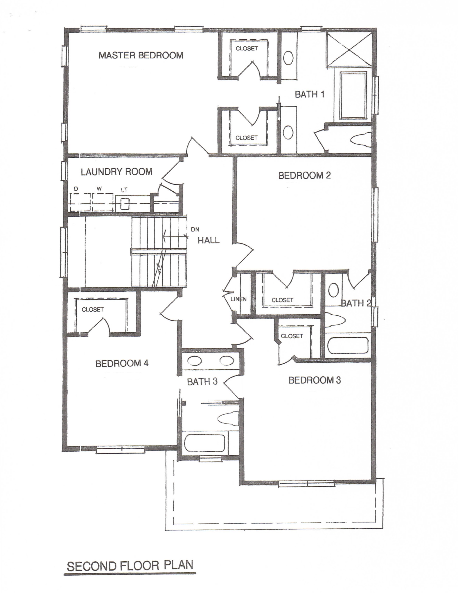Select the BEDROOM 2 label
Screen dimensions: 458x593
click(304, 175)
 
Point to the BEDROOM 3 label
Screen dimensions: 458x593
click(315, 380)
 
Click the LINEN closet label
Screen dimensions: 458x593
click(238, 299)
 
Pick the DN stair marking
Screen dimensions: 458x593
click(195, 229)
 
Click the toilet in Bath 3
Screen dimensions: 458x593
click(228, 418)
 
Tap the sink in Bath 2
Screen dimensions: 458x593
click(333, 291)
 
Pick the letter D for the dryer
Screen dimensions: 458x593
click(76, 188)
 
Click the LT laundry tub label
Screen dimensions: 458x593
click(124, 190)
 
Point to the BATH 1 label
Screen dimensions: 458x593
click(310, 95)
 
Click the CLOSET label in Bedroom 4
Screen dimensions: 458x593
click(93, 309)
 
